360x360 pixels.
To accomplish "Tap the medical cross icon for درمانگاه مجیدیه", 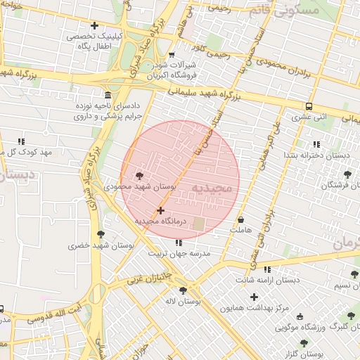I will tap(161, 210).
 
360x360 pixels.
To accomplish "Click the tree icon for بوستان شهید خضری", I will tap(99, 234).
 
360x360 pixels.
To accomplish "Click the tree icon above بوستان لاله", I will tap(184, 290).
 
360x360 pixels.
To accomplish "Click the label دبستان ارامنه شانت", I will tap(266, 280).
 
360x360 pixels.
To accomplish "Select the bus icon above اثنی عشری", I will tap(309, 106).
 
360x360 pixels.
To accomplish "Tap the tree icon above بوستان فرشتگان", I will tap(346, 174).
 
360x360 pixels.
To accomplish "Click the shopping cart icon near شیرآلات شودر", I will tap(173, 54).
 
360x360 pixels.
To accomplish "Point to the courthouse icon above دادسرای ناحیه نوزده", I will tap(107, 95).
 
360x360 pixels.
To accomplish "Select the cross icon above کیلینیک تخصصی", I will tap(94, 25).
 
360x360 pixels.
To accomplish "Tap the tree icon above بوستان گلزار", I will tap(304, 343).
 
